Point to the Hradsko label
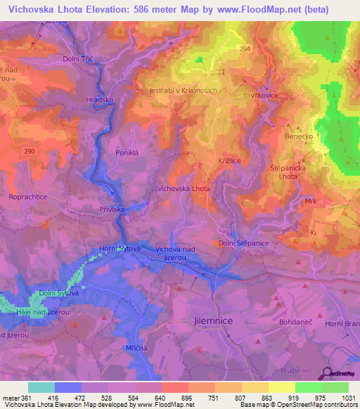tap(99, 100)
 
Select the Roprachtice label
tap(27, 197)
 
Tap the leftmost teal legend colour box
tap(41, 387)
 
